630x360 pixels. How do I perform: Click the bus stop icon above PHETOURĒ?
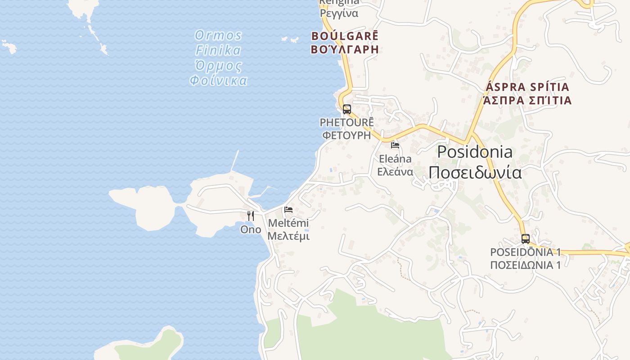(346, 109)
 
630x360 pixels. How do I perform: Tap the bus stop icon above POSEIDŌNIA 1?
(525, 238)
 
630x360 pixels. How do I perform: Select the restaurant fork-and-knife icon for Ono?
(251, 216)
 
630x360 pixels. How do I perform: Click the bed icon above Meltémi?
(288, 210)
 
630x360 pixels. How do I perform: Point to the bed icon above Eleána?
(395, 145)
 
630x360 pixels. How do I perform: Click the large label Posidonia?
(475, 152)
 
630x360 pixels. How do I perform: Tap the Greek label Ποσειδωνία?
(475, 172)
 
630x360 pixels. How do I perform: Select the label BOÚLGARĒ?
(345, 36)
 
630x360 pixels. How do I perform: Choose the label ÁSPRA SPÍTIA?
(528, 86)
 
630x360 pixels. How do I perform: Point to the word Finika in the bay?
(218, 50)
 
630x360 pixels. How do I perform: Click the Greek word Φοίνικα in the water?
(218, 81)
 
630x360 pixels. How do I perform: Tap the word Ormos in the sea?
(218, 35)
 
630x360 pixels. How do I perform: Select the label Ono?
(251, 229)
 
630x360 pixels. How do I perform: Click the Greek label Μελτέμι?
(288, 236)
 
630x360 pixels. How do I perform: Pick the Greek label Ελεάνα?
(395, 171)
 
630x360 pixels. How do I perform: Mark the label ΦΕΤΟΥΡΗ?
(346, 135)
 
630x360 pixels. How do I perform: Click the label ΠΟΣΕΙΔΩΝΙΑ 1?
(525, 265)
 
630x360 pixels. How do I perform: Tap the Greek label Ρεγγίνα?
(339, 13)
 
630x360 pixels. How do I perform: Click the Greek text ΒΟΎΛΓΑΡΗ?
(345, 49)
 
